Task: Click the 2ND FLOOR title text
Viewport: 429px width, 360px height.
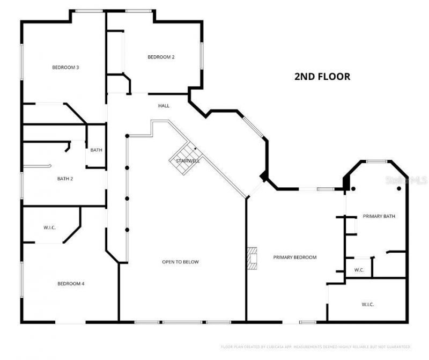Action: pyautogui.click(x=322, y=77)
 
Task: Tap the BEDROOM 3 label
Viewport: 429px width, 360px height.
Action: pyautogui.click(x=65, y=68)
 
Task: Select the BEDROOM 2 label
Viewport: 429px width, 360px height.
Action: pyautogui.click(x=161, y=57)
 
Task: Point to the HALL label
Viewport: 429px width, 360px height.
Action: pyautogui.click(x=164, y=106)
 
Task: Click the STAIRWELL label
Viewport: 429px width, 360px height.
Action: pyautogui.click(x=184, y=160)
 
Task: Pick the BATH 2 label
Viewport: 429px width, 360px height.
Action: pyautogui.click(x=65, y=179)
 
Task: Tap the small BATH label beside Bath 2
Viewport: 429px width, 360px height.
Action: pyautogui.click(x=96, y=150)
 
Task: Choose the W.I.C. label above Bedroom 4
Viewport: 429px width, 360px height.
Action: pyautogui.click(x=50, y=227)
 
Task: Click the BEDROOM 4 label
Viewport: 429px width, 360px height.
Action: pyautogui.click(x=71, y=284)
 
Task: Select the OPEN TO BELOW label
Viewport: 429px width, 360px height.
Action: pyautogui.click(x=180, y=262)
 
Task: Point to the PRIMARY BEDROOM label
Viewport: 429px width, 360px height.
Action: pyautogui.click(x=294, y=258)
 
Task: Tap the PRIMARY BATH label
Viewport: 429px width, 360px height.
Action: pyautogui.click(x=379, y=216)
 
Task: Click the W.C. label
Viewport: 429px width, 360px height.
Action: pyautogui.click(x=359, y=270)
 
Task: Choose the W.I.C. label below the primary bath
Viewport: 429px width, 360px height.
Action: pyautogui.click(x=367, y=304)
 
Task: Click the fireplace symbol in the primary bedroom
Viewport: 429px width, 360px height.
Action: pyautogui.click(x=252, y=257)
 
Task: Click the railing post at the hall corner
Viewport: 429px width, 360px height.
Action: pyautogui.click(x=127, y=135)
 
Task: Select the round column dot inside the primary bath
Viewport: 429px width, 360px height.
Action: pyautogui.click(x=398, y=189)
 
